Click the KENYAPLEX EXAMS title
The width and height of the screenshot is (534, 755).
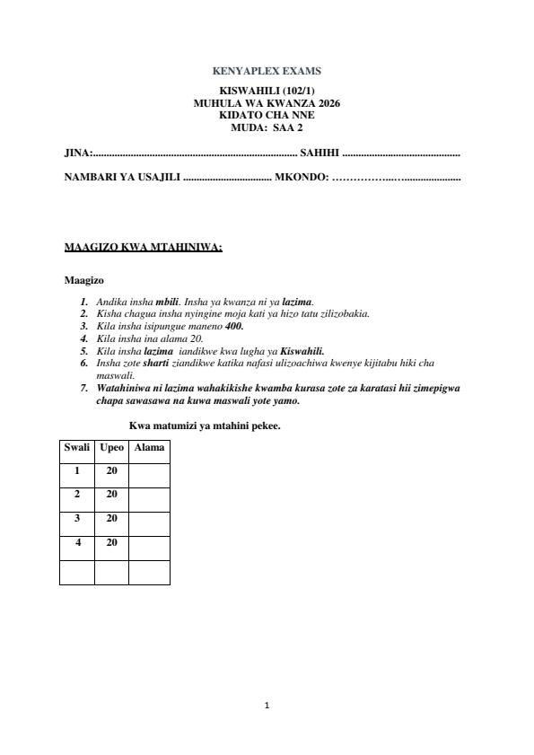tap(267, 71)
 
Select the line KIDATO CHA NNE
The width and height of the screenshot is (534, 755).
tap(267, 115)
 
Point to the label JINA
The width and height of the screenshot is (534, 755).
tap(76, 154)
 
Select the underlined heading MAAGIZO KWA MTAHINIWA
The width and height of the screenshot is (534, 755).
tap(143, 247)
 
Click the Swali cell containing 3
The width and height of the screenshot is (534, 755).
tap(76, 519)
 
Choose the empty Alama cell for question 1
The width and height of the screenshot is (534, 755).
tap(149, 470)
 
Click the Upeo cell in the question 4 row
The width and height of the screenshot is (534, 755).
tap(111, 542)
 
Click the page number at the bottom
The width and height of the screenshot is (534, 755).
tap(267, 706)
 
